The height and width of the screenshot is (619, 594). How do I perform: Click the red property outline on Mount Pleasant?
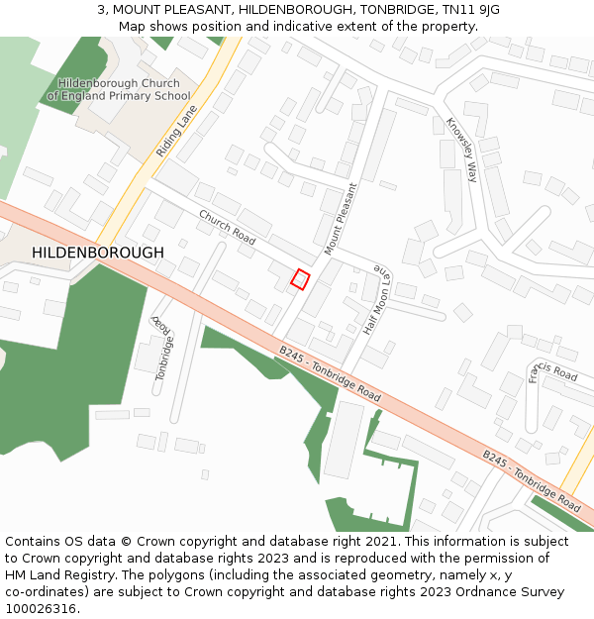[300, 279]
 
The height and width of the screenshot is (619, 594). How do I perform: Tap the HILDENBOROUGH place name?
[98, 253]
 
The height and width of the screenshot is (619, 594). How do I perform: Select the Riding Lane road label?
[177, 131]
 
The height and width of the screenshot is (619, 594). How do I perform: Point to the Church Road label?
[227, 227]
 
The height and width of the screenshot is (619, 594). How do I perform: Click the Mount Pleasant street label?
[340, 219]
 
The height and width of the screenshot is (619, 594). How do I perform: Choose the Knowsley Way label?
[461, 151]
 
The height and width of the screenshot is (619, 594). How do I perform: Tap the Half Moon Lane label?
[377, 298]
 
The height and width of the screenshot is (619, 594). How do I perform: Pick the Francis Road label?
[552, 371]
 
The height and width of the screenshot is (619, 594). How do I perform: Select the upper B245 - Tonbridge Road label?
[330, 372]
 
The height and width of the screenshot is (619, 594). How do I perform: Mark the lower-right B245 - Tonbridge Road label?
[532, 480]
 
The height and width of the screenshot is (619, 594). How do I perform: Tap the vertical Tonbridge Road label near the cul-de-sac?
[163, 348]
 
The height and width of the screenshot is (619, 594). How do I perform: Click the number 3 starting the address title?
[101, 9]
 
